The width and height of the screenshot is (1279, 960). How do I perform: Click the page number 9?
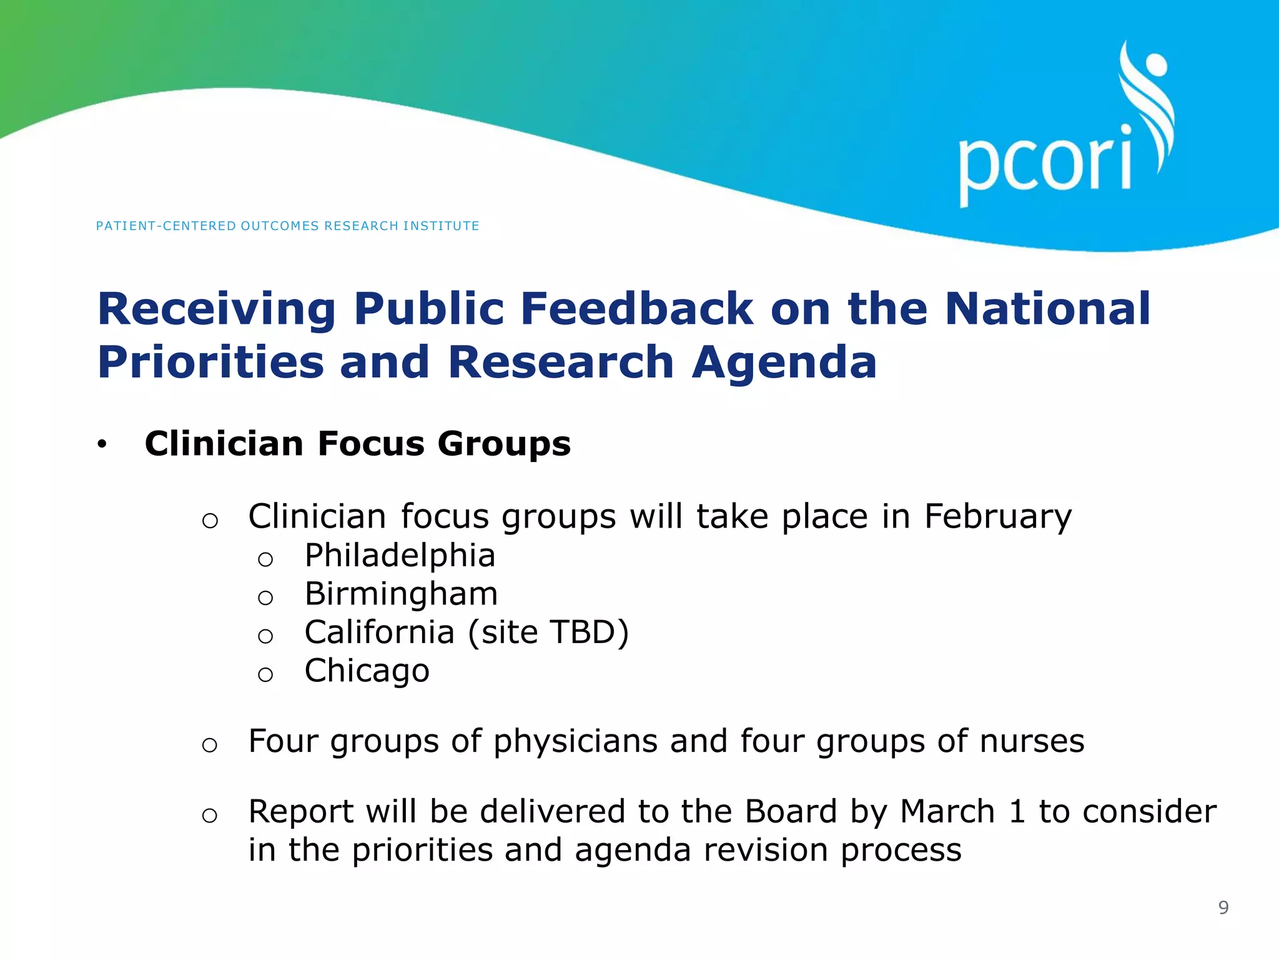1223,907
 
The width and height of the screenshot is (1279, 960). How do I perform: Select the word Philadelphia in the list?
400,556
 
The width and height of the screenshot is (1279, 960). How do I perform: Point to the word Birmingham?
401,594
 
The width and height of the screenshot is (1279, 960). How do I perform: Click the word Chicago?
367,671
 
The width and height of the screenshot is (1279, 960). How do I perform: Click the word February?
997,517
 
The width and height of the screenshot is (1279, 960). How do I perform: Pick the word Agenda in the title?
784,362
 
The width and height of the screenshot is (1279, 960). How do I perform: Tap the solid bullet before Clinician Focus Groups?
102,445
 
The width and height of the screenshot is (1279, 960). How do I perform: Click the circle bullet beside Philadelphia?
265,559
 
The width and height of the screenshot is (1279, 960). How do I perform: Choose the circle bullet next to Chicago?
265,674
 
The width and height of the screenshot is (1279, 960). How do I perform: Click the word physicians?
575,742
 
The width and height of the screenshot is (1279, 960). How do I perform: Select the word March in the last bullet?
947,812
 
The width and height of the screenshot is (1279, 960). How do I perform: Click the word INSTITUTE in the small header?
441,226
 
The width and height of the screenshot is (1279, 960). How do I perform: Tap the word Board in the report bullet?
791,812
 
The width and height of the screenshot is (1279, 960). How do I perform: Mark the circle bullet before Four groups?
210,745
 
